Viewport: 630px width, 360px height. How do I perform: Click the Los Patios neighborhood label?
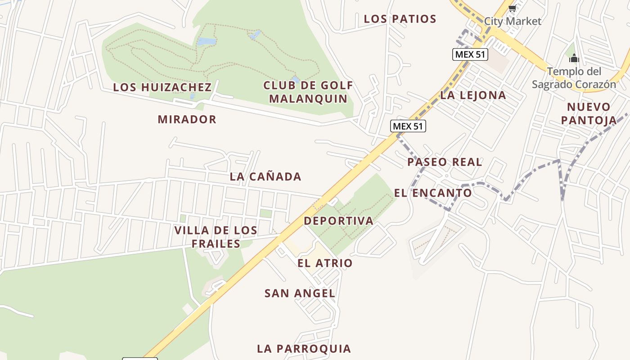click(x=400, y=19)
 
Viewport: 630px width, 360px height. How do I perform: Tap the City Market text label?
click(x=513, y=21)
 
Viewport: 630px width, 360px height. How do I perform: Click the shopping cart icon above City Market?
click(x=512, y=8)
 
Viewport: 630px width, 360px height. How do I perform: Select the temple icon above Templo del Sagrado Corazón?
click(x=574, y=58)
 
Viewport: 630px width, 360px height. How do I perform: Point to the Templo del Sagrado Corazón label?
click(x=574, y=78)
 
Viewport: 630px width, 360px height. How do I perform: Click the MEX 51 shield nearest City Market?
click(x=470, y=54)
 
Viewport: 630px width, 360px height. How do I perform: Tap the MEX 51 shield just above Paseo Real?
click(x=408, y=126)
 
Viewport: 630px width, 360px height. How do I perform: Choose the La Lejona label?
click(x=473, y=95)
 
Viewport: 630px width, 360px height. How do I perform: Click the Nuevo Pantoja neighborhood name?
click(x=589, y=113)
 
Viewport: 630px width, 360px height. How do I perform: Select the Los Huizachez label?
click(x=162, y=87)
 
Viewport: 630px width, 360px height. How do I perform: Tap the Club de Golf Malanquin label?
click(x=308, y=92)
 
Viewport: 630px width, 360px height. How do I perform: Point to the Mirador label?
click(x=187, y=119)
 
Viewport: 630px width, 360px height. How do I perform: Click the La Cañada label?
click(x=265, y=176)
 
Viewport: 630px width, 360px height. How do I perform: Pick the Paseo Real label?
click(x=445, y=162)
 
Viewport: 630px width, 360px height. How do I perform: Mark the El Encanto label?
click(x=433, y=193)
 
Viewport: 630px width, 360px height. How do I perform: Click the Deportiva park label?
click(x=338, y=221)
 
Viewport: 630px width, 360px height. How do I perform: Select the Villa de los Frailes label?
click(x=216, y=237)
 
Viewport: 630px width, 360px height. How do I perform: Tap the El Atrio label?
click(x=325, y=263)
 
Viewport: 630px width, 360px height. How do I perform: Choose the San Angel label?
click(x=300, y=293)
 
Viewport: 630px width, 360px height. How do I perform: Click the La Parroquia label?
click(x=304, y=349)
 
